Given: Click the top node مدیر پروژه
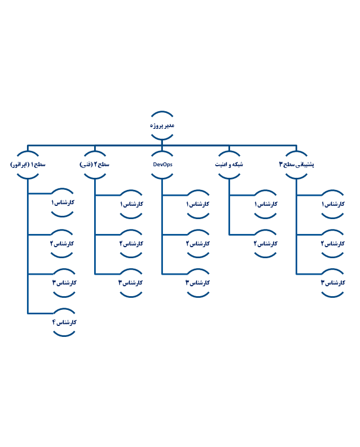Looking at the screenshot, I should pos(162,126).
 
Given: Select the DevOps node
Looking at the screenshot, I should pos(162,165).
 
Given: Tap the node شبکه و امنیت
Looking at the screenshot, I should pos(229,165).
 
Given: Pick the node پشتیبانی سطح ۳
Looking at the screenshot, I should pos(297,165).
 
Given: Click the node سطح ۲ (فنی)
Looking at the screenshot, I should pos(95,165).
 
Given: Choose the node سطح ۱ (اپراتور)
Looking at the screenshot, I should pos(28,165).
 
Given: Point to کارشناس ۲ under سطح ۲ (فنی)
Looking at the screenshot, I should pos(131,243).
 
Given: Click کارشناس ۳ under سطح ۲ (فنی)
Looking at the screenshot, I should pos(131,282).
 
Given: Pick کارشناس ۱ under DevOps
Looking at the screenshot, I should pos(198,204).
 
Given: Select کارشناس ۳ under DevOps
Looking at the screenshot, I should pos(198,282).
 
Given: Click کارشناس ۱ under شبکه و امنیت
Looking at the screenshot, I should pos(265,204).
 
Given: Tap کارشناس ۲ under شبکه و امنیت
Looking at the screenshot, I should pos(265,243).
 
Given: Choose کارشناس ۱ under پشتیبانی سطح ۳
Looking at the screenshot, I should pos(332,204).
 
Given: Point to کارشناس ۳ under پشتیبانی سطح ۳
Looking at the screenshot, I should pos(332,282).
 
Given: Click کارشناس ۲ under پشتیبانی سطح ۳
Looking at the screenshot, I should pos(332,243).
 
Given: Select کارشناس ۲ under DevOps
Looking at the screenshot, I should pos(198,243).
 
